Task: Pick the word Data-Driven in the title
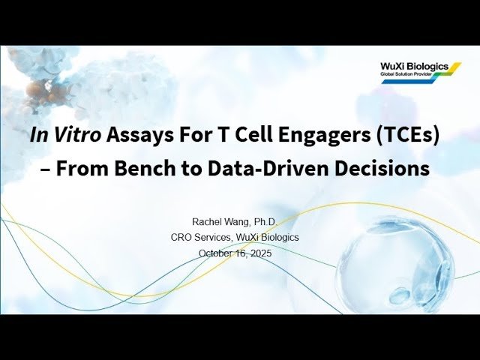tap(256, 169)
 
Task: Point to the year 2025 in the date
tap(259, 253)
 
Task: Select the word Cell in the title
tap(248, 136)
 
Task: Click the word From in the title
tap(79, 169)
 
